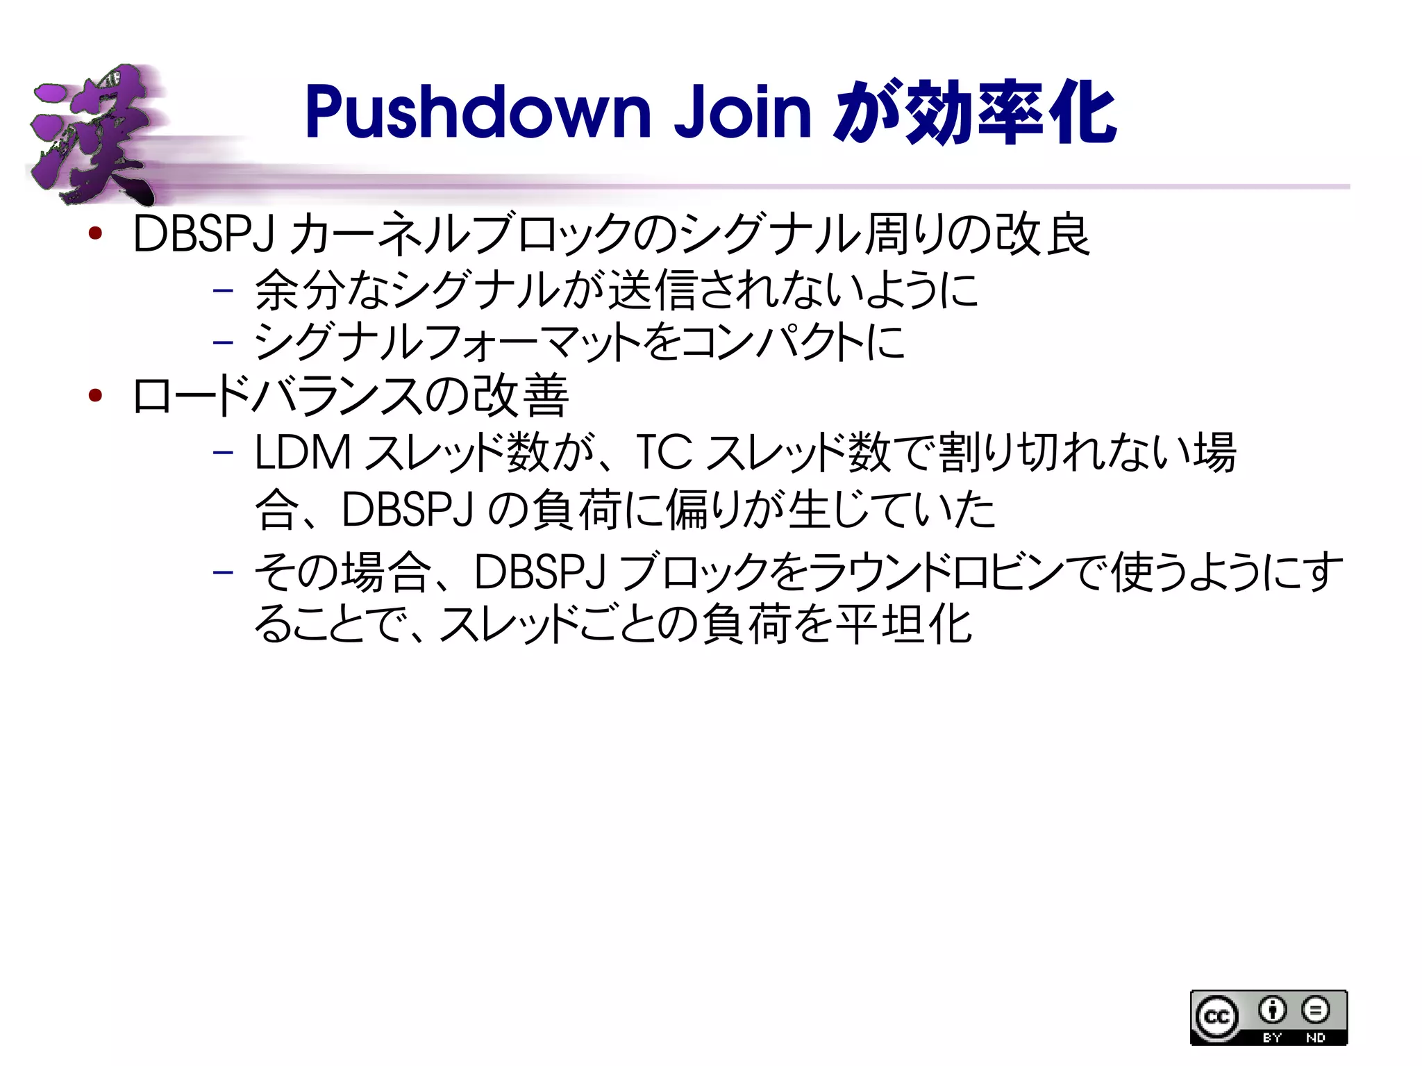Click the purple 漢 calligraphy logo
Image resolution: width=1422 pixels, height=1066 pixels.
click(94, 135)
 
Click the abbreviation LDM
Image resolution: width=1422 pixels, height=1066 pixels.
click(303, 453)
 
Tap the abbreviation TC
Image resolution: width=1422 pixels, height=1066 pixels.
click(664, 453)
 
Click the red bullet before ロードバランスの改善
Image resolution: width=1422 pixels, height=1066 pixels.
click(96, 396)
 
